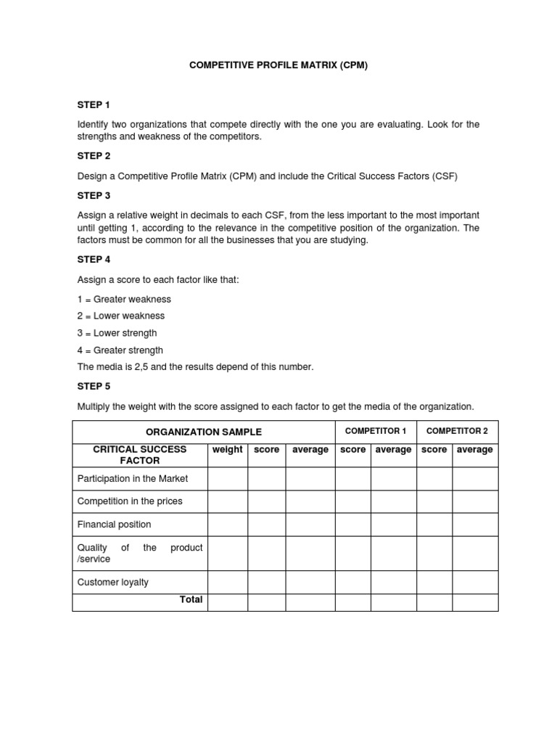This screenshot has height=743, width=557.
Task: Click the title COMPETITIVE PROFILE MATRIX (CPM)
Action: coord(278,65)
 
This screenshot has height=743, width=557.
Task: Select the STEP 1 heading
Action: coord(94,105)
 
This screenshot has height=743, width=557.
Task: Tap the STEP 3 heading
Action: coord(94,196)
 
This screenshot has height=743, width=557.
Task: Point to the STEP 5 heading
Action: coord(94,387)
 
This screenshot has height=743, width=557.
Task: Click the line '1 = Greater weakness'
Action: coord(124,299)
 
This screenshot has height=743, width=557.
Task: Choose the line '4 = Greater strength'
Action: coord(120,350)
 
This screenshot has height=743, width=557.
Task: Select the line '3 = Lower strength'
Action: coord(117,333)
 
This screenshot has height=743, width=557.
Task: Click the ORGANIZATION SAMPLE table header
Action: coord(204,432)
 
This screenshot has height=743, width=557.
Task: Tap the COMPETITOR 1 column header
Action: coord(375,431)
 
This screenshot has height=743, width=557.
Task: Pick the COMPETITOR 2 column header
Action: coord(457,431)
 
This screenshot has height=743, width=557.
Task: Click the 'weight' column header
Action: coord(228,450)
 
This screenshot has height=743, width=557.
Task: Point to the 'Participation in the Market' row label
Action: coord(133,478)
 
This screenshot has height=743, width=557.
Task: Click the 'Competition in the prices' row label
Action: coord(130,501)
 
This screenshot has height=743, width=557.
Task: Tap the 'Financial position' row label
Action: coord(114,525)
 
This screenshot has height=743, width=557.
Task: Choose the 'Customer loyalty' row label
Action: coord(112,582)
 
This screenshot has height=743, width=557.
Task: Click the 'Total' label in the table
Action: coord(191,600)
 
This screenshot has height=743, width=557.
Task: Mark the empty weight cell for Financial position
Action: coord(228,525)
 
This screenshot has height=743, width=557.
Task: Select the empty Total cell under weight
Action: coord(228,602)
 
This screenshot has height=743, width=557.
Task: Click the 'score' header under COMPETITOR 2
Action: coord(434,450)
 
